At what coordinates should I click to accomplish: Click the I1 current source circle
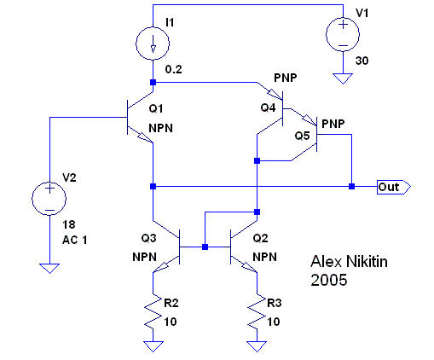[x=136, y=44]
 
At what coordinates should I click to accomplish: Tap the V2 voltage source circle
[x=32, y=198]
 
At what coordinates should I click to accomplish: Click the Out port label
[x=394, y=187]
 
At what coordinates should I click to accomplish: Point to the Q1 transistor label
[x=156, y=108]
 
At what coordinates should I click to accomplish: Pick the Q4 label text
[x=268, y=107]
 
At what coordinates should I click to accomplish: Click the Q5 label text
[x=302, y=136]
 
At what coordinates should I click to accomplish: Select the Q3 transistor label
[x=148, y=238]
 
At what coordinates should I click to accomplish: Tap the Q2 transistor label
[x=260, y=238]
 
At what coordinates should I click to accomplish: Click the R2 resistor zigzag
[x=153, y=311]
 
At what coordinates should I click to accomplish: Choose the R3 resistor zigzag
[x=257, y=311]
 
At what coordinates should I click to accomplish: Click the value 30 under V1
[x=362, y=61]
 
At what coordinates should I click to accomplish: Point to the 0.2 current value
[x=174, y=69]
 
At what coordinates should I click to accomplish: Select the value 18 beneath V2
[x=69, y=224]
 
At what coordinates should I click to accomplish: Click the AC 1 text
[x=75, y=240]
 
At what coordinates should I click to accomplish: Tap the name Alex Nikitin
[x=349, y=262]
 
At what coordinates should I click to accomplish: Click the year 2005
[x=329, y=280]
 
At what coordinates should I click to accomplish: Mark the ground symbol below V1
[x=343, y=78]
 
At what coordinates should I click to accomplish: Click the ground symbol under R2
[x=153, y=347]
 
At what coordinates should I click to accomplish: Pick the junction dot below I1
[x=153, y=83]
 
